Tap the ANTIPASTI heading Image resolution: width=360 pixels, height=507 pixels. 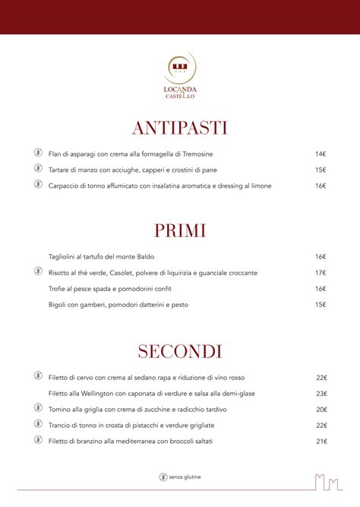[x=180, y=128]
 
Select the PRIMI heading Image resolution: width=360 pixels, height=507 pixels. [x=180, y=231]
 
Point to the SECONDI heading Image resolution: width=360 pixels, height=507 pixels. [x=180, y=351]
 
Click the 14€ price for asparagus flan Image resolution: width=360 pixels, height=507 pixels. [x=321, y=154]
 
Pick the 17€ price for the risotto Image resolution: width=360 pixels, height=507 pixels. [x=321, y=273]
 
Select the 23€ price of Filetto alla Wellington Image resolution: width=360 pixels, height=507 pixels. [x=321, y=393]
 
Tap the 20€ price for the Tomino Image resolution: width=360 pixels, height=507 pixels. [x=321, y=409]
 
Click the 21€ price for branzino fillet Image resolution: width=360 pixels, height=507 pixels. [x=321, y=441]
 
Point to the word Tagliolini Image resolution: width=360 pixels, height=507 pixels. [x=65, y=257]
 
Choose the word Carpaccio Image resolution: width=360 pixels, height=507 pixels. [x=65, y=185]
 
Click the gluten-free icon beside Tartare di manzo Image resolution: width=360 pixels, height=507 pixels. [x=37, y=169]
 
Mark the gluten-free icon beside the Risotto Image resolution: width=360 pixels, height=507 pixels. [x=37, y=271]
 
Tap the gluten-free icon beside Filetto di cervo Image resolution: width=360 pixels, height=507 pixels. [x=37, y=376]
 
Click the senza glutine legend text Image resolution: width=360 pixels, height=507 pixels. [x=185, y=477]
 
